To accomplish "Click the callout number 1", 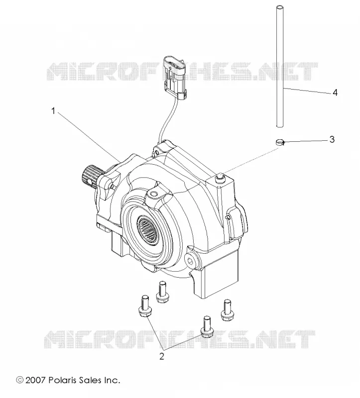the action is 53,111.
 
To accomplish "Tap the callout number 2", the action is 162,356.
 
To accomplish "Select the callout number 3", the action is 332,139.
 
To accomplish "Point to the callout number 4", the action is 335,93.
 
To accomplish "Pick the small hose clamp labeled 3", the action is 280,142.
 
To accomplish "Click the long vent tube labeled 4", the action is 280,66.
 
